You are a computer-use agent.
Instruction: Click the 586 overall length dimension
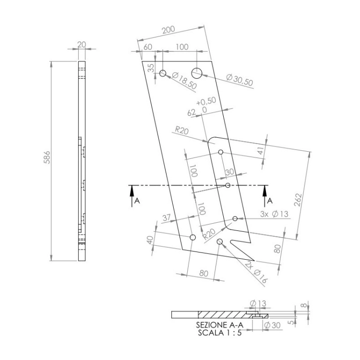pos(47,157)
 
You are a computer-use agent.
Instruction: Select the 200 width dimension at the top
pos(168,30)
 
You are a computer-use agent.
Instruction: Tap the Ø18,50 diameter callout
pos(184,81)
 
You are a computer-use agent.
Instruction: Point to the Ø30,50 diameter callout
pos(240,80)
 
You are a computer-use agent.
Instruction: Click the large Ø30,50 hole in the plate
pos(196,73)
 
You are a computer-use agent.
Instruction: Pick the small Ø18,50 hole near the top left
pos(163,73)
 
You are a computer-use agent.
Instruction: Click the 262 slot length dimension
pos(298,200)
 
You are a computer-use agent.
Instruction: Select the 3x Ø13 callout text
pos(274,214)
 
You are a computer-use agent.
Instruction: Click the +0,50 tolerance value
pos(206,101)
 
